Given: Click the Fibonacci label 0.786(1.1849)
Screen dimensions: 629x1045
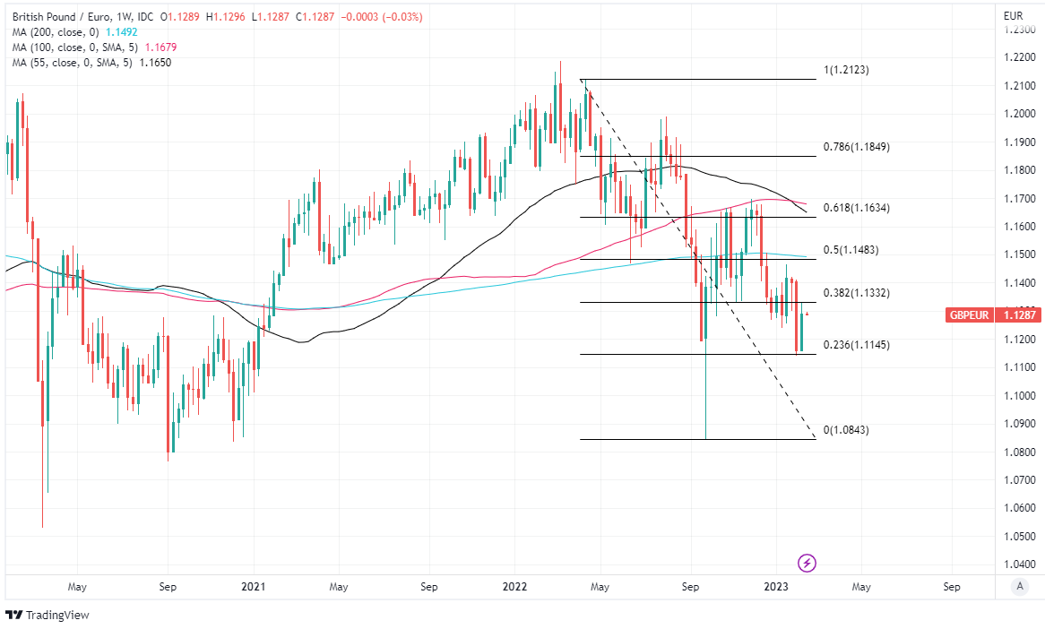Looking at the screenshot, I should coord(856,147).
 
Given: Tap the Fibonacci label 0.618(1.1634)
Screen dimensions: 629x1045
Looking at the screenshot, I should coord(856,208).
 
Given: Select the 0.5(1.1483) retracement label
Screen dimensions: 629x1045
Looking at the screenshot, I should coord(851,250).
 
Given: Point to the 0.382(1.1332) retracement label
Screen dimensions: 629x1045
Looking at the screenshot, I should coord(856,293).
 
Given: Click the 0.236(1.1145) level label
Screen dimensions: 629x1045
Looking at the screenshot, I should coord(856,345).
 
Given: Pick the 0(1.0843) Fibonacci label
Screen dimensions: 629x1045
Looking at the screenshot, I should coord(846,430).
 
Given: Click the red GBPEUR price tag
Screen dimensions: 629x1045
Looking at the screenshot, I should coord(971,314).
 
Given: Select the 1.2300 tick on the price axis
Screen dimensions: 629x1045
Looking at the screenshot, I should coord(1019,30).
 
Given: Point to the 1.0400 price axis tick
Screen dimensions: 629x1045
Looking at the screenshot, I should coord(1019,564).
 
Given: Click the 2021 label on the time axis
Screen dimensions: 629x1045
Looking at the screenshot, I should coord(254,587).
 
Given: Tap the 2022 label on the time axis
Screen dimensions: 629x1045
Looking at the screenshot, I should coord(514,587).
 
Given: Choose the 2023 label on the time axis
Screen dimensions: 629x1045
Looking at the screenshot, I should coord(775,587).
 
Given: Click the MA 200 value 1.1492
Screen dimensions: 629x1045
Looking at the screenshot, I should coord(121,31).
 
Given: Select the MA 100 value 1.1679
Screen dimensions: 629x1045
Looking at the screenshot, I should coord(153,47).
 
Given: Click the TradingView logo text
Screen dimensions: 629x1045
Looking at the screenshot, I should coord(57,616).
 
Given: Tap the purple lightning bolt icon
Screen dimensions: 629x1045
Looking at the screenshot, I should coord(807,563).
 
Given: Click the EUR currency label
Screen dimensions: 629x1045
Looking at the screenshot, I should coord(1014,15).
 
